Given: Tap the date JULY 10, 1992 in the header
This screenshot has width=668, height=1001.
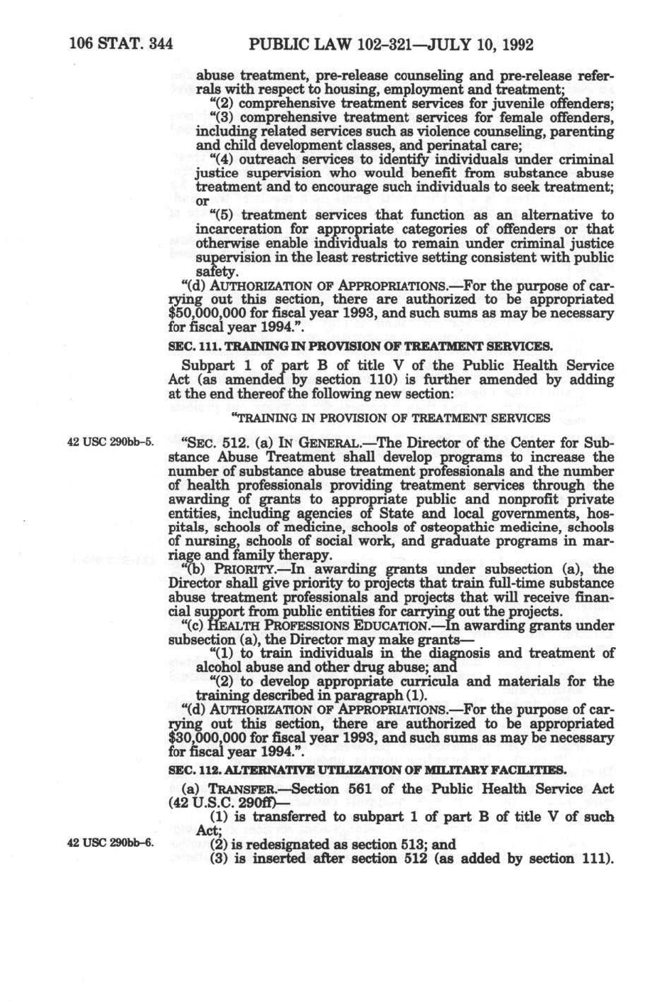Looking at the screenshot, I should [x=476, y=45].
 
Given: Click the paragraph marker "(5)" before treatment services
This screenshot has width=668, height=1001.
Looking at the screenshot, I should [x=225, y=215].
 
